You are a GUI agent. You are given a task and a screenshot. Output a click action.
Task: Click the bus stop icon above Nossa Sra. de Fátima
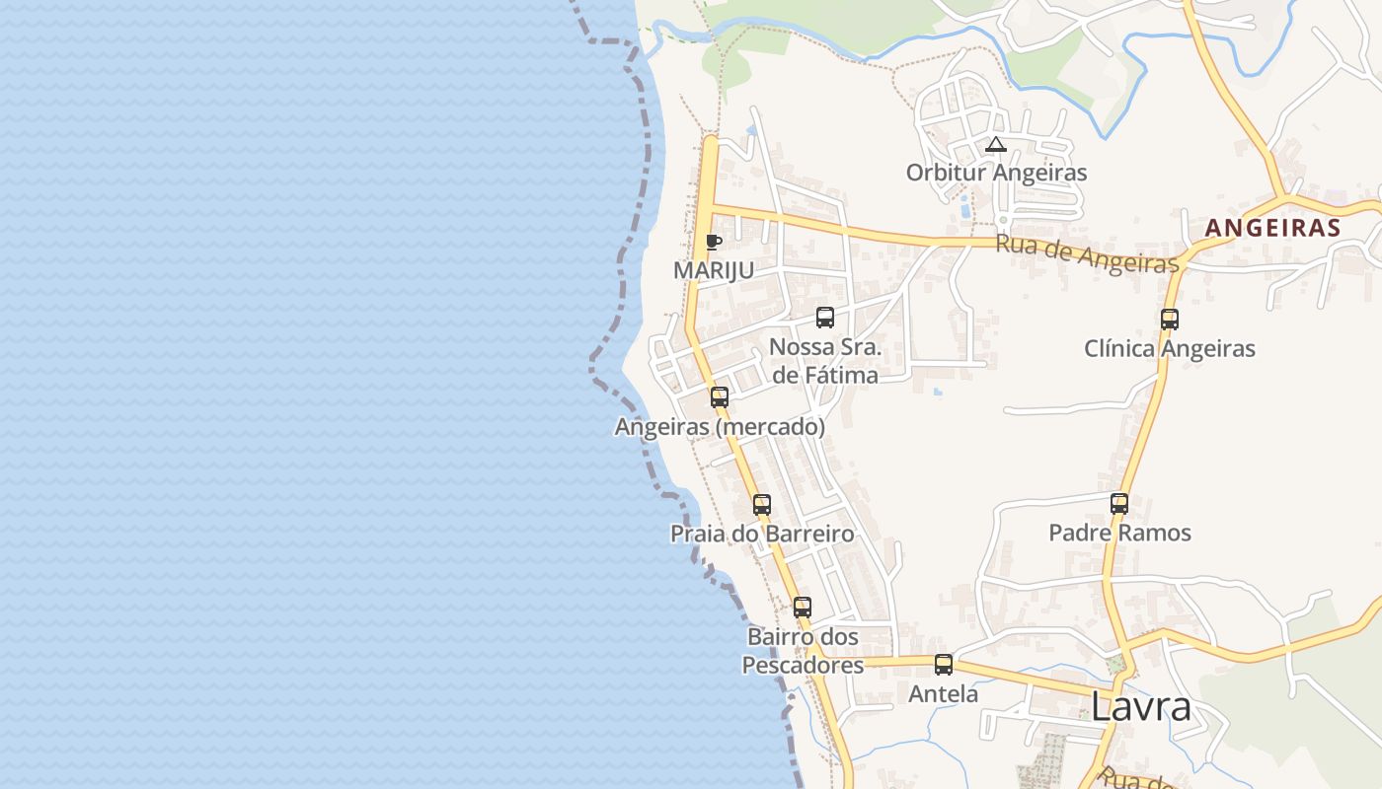825,318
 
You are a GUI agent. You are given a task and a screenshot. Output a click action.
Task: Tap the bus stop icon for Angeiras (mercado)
720,397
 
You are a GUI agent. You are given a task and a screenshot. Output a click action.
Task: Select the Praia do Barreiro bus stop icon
762,505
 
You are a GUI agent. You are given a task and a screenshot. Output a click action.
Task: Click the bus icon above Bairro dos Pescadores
803,608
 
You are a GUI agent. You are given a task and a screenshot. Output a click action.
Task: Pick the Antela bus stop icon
944,665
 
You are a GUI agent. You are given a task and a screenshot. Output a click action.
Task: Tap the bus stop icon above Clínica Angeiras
1170,320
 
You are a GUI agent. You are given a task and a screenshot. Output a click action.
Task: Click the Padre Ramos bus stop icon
1119,504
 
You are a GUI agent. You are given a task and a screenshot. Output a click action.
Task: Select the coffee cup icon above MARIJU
714,243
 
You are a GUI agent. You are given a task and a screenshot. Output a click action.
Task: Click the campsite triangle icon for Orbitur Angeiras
996,145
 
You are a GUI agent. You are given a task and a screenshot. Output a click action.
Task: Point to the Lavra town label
1141,707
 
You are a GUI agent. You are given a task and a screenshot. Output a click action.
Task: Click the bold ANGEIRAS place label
1272,228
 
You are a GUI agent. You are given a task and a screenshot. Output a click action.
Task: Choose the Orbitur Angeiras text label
996,173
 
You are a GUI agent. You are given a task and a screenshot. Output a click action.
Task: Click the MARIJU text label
714,270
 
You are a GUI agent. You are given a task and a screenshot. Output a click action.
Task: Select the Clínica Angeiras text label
1170,348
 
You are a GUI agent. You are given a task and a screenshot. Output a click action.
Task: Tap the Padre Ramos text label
1119,533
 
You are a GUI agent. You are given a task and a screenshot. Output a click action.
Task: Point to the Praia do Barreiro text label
762,534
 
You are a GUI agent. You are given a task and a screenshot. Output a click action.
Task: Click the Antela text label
944,694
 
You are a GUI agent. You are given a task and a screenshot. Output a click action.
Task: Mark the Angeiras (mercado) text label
720,427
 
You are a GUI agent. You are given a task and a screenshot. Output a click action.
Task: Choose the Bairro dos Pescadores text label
803,651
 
